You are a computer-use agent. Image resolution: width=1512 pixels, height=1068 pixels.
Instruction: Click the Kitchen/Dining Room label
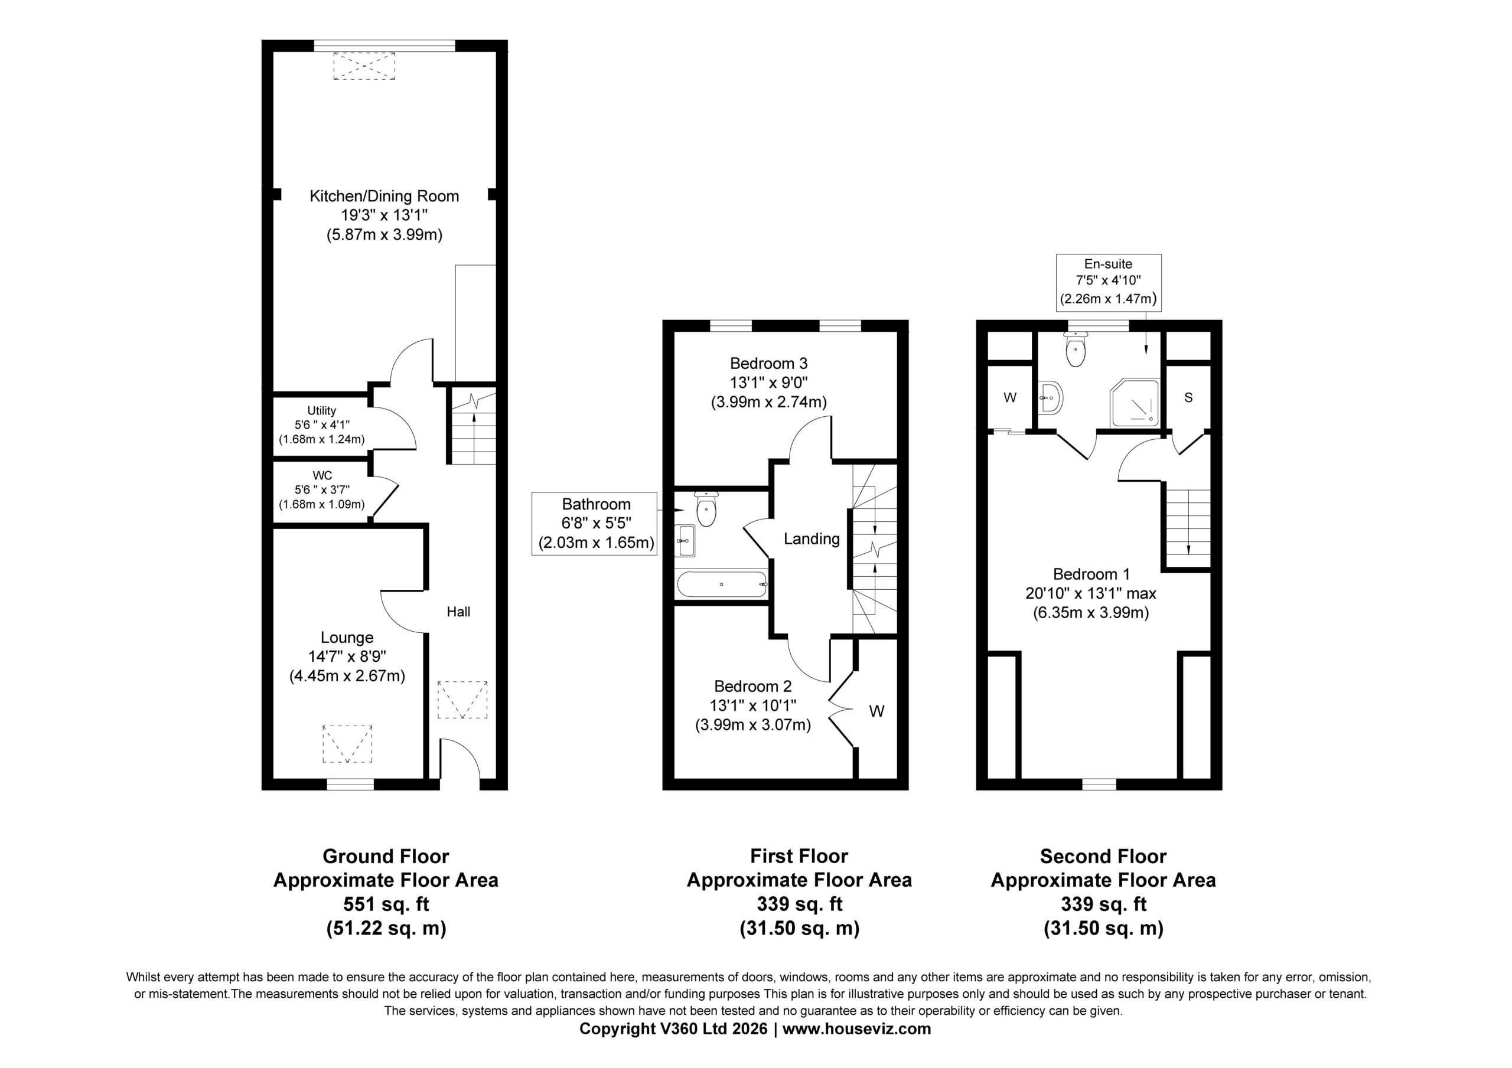point(384,195)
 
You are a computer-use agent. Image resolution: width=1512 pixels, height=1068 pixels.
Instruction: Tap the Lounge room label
point(347,638)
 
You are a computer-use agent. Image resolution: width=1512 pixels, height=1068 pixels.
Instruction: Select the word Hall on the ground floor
point(458,612)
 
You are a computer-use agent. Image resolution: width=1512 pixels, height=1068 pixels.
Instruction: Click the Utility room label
point(321,410)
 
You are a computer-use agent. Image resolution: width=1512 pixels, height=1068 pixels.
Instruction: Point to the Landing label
point(812,539)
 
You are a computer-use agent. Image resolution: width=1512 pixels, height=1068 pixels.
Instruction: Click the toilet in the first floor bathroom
point(706,509)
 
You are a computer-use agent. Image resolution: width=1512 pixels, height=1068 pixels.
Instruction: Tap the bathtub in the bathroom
point(722,584)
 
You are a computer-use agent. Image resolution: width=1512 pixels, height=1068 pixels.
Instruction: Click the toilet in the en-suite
point(1076,348)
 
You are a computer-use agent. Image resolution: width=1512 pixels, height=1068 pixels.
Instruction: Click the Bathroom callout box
point(594,524)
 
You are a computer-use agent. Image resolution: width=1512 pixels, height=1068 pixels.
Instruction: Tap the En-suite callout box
point(1109,282)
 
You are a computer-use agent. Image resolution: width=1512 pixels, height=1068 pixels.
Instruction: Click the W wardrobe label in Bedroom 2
point(876,711)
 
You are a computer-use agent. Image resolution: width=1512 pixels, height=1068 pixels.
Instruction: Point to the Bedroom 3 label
point(768,364)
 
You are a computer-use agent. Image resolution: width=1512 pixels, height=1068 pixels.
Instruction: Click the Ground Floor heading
point(386,856)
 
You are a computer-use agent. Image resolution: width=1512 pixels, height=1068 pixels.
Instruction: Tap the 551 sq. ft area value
point(386,904)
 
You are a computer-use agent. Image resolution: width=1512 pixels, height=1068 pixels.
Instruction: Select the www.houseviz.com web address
point(857,1028)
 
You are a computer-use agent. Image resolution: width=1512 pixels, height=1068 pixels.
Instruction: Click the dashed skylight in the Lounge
point(347,743)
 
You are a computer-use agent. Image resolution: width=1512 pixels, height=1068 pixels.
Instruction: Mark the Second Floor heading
point(1103,856)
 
